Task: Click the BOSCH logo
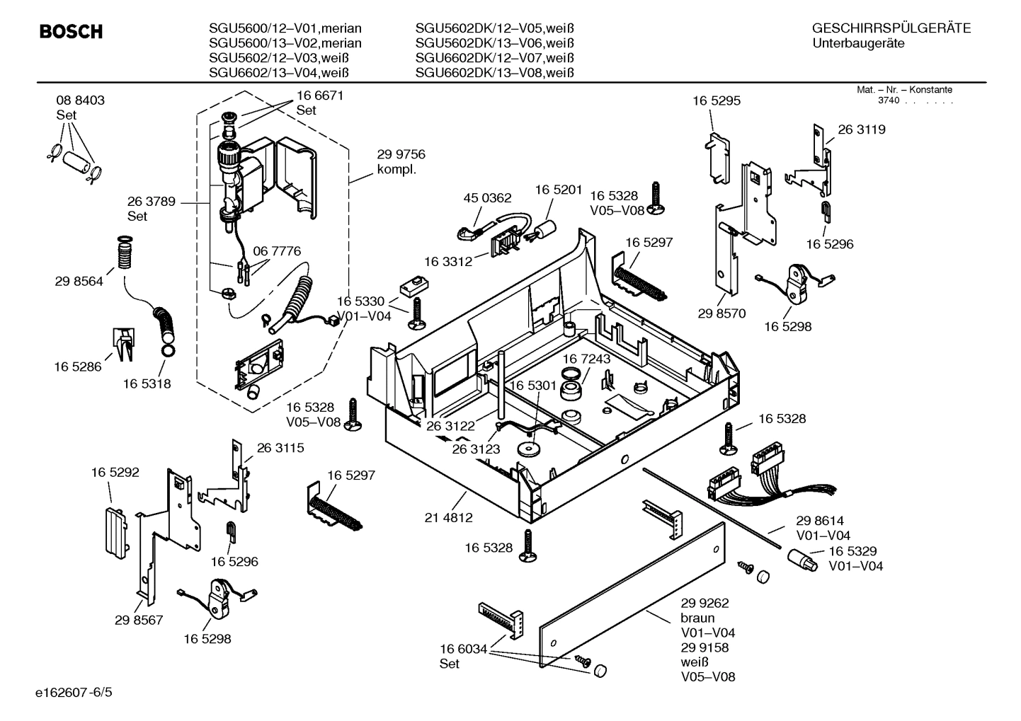pyautogui.click(x=71, y=32)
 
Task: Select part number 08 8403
pyautogui.click(x=80, y=100)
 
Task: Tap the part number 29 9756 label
pyautogui.click(x=401, y=155)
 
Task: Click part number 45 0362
pyautogui.click(x=487, y=198)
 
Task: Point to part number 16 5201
pyautogui.click(x=558, y=190)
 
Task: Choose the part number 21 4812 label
pyautogui.click(x=448, y=518)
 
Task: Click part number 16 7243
pyautogui.click(x=586, y=359)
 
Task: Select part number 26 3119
pyautogui.click(x=861, y=129)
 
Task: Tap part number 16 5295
pyautogui.click(x=716, y=101)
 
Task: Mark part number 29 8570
pyautogui.click(x=721, y=313)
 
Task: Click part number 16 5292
pyautogui.click(x=115, y=472)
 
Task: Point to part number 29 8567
pyautogui.click(x=139, y=620)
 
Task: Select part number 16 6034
pyautogui.click(x=463, y=649)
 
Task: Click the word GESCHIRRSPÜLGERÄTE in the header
pyautogui.click(x=891, y=28)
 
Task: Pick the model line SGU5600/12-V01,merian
pyautogui.click(x=285, y=28)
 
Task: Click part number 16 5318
pyautogui.click(x=147, y=383)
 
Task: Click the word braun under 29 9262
pyautogui.click(x=697, y=618)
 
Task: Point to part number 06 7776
pyautogui.click(x=277, y=251)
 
